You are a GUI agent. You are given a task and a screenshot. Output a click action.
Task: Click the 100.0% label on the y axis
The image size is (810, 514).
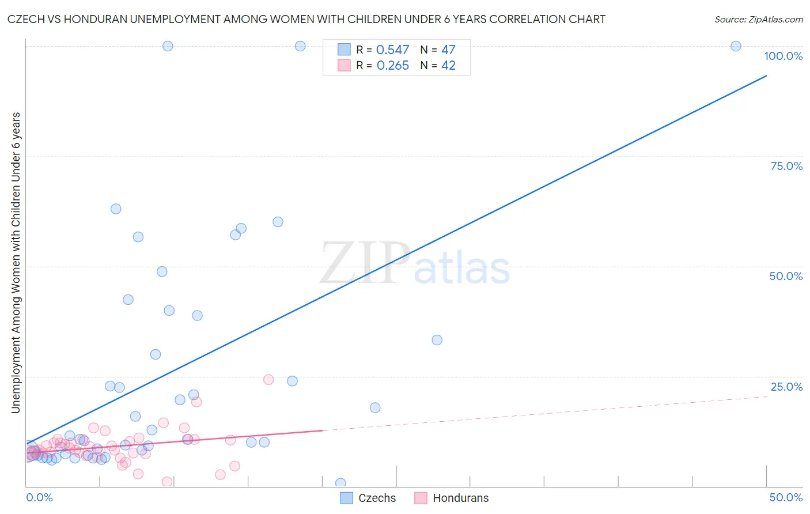[x=783, y=56]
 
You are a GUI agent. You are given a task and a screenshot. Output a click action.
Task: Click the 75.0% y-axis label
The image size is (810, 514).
[x=786, y=166]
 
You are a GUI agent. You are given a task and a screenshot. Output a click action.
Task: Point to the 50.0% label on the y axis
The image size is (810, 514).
[x=786, y=276]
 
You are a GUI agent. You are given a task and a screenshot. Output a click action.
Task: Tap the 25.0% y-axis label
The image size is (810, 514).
[x=786, y=387]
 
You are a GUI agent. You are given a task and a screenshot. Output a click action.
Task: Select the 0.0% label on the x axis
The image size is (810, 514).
[x=39, y=497]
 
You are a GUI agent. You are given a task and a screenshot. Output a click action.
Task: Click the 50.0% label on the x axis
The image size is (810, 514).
[x=786, y=497]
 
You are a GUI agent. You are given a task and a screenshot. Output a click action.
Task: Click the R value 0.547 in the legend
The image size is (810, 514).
[x=392, y=50]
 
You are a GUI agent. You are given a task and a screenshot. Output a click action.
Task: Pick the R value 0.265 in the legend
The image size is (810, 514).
[x=392, y=66]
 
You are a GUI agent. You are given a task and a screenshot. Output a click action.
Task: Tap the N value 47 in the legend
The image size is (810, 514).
[x=448, y=50]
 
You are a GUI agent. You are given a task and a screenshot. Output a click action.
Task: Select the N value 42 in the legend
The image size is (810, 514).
[x=448, y=66]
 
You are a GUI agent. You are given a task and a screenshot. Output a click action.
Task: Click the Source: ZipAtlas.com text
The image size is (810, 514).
[x=758, y=20]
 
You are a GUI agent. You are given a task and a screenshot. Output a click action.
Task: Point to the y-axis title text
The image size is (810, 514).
[x=16, y=263]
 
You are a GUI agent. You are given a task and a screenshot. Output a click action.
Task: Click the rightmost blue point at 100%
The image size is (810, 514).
[x=736, y=46]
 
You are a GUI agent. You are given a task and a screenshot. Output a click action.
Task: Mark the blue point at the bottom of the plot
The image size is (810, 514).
[x=340, y=483]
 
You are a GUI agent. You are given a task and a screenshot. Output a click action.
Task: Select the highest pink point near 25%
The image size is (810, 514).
[x=268, y=380]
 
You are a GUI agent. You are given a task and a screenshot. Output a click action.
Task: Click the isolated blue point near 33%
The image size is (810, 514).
[x=437, y=340]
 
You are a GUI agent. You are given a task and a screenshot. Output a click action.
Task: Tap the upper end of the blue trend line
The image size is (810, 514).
[x=766, y=75]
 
